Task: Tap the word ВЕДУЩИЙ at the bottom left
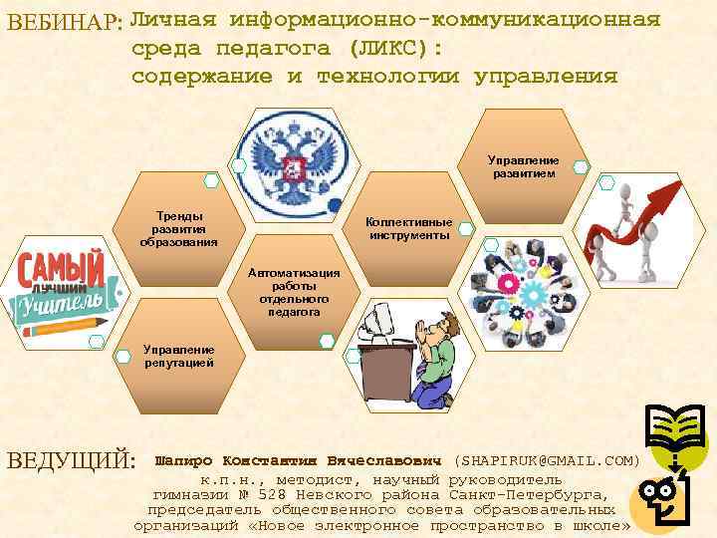pos(71,461)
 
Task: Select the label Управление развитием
pos(523,166)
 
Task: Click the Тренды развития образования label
pos(178,228)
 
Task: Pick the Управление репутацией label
pos(178,357)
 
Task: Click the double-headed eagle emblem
pos(293,165)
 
